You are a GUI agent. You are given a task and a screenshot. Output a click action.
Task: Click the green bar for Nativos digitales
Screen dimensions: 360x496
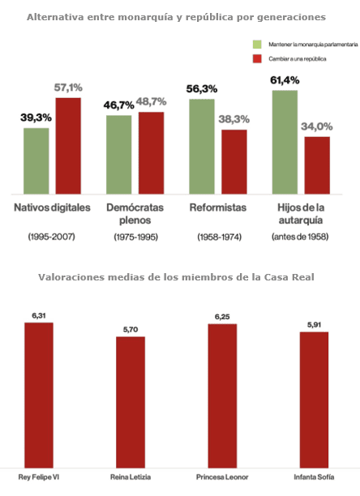click(x=36, y=161)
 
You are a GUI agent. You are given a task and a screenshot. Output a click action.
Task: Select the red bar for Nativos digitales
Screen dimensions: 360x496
click(x=68, y=146)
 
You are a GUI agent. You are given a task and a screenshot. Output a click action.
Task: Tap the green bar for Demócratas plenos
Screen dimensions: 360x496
click(x=119, y=155)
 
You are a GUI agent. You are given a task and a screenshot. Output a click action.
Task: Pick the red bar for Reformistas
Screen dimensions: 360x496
click(x=234, y=161)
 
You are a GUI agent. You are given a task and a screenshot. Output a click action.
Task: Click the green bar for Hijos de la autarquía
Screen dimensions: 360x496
click(x=285, y=142)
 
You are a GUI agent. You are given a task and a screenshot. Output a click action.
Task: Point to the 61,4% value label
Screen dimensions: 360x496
click(x=285, y=80)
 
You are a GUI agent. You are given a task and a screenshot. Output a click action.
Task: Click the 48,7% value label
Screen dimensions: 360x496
click(x=151, y=101)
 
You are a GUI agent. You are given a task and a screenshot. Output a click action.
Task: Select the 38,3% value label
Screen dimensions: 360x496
click(x=234, y=119)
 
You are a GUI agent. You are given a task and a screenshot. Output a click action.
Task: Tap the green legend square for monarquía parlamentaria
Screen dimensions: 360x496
click(x=257, y=45)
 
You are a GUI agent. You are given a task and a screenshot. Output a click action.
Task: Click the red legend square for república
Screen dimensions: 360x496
click(x=257, y=58)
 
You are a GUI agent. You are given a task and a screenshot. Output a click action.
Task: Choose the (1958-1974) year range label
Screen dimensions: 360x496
click(x=219, y=237)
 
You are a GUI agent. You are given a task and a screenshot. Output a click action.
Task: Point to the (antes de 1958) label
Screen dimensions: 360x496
click(x=300, y=237)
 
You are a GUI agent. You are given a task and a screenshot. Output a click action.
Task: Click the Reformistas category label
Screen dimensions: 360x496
click(x=218, y=207)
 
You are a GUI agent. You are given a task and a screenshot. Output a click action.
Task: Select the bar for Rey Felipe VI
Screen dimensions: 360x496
click(x=39, y=396)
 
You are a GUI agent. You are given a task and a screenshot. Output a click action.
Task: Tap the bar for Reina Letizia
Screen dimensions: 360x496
click(x=131, y=402)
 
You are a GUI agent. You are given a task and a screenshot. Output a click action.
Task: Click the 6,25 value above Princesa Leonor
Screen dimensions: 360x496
click(x=222, y=317)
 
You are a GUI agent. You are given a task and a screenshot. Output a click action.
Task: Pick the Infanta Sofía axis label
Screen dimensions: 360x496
click(x=314, y=477)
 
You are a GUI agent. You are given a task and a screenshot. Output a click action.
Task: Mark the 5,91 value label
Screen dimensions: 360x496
click(x=314, y=325)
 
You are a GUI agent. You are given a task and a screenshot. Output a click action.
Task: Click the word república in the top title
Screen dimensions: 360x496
click(x=210, y=17)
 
